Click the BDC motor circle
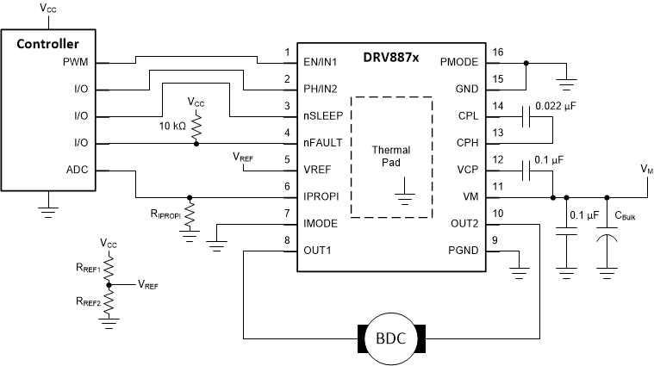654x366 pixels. click(x=393, y=337)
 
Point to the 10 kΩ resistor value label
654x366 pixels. click(x=171, y=127)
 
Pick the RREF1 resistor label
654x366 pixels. click(x=88, y=269)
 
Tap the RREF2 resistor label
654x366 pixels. click(x=88, y=302)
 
